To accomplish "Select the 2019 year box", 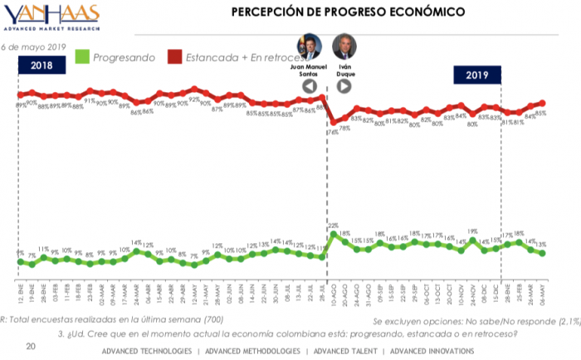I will click(476, 75).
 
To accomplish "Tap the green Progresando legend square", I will click(81, 57).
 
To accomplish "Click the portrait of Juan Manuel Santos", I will click(309, 46).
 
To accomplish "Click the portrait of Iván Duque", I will click(343, 46).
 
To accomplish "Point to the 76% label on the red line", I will click(331, 132).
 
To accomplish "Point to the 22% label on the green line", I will click(333, 226).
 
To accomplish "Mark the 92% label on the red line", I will click(193, 100).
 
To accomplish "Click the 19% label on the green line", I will click(471, 232).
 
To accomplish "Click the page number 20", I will click(31, 344).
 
